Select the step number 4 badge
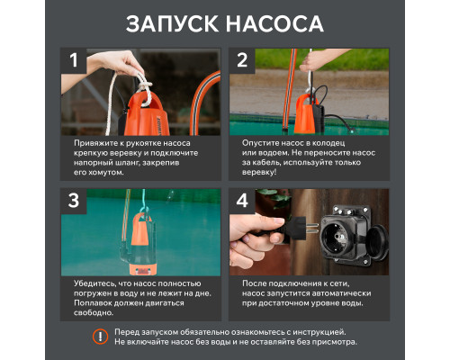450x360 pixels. [x=242, y=200]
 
